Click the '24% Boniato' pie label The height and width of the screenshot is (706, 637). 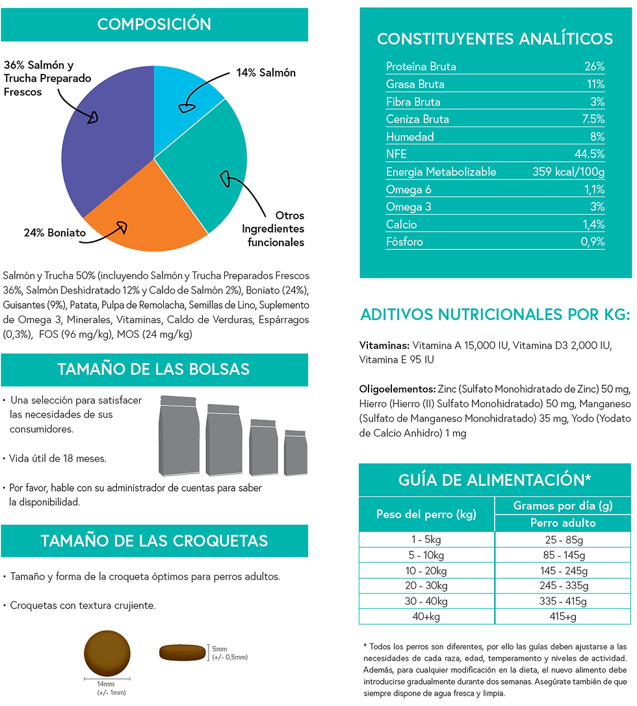[55, 233]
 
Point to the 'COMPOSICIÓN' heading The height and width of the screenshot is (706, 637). [154, 24]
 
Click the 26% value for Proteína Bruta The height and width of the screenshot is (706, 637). [594, 67]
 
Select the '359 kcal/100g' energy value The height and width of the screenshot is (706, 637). [569, 171]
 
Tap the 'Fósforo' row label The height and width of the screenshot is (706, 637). [404, 242]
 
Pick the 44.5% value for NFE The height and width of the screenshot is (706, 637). [590, 154]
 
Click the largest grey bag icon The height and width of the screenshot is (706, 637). [179, 435]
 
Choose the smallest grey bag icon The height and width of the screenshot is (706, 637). [296, 453]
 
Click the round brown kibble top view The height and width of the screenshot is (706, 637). [107, 653]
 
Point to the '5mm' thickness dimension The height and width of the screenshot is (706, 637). [220, 649]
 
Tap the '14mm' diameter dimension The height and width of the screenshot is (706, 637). [105, 684]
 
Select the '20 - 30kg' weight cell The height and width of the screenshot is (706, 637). [426, 586]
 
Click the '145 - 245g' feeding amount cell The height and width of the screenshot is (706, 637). [564, 571]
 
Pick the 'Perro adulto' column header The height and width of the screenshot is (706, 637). [563, 523]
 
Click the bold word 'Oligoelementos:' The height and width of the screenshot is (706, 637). [397, 389]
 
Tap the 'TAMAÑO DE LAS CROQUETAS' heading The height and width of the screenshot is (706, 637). [154, 541]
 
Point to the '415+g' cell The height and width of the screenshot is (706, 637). [563, 617]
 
